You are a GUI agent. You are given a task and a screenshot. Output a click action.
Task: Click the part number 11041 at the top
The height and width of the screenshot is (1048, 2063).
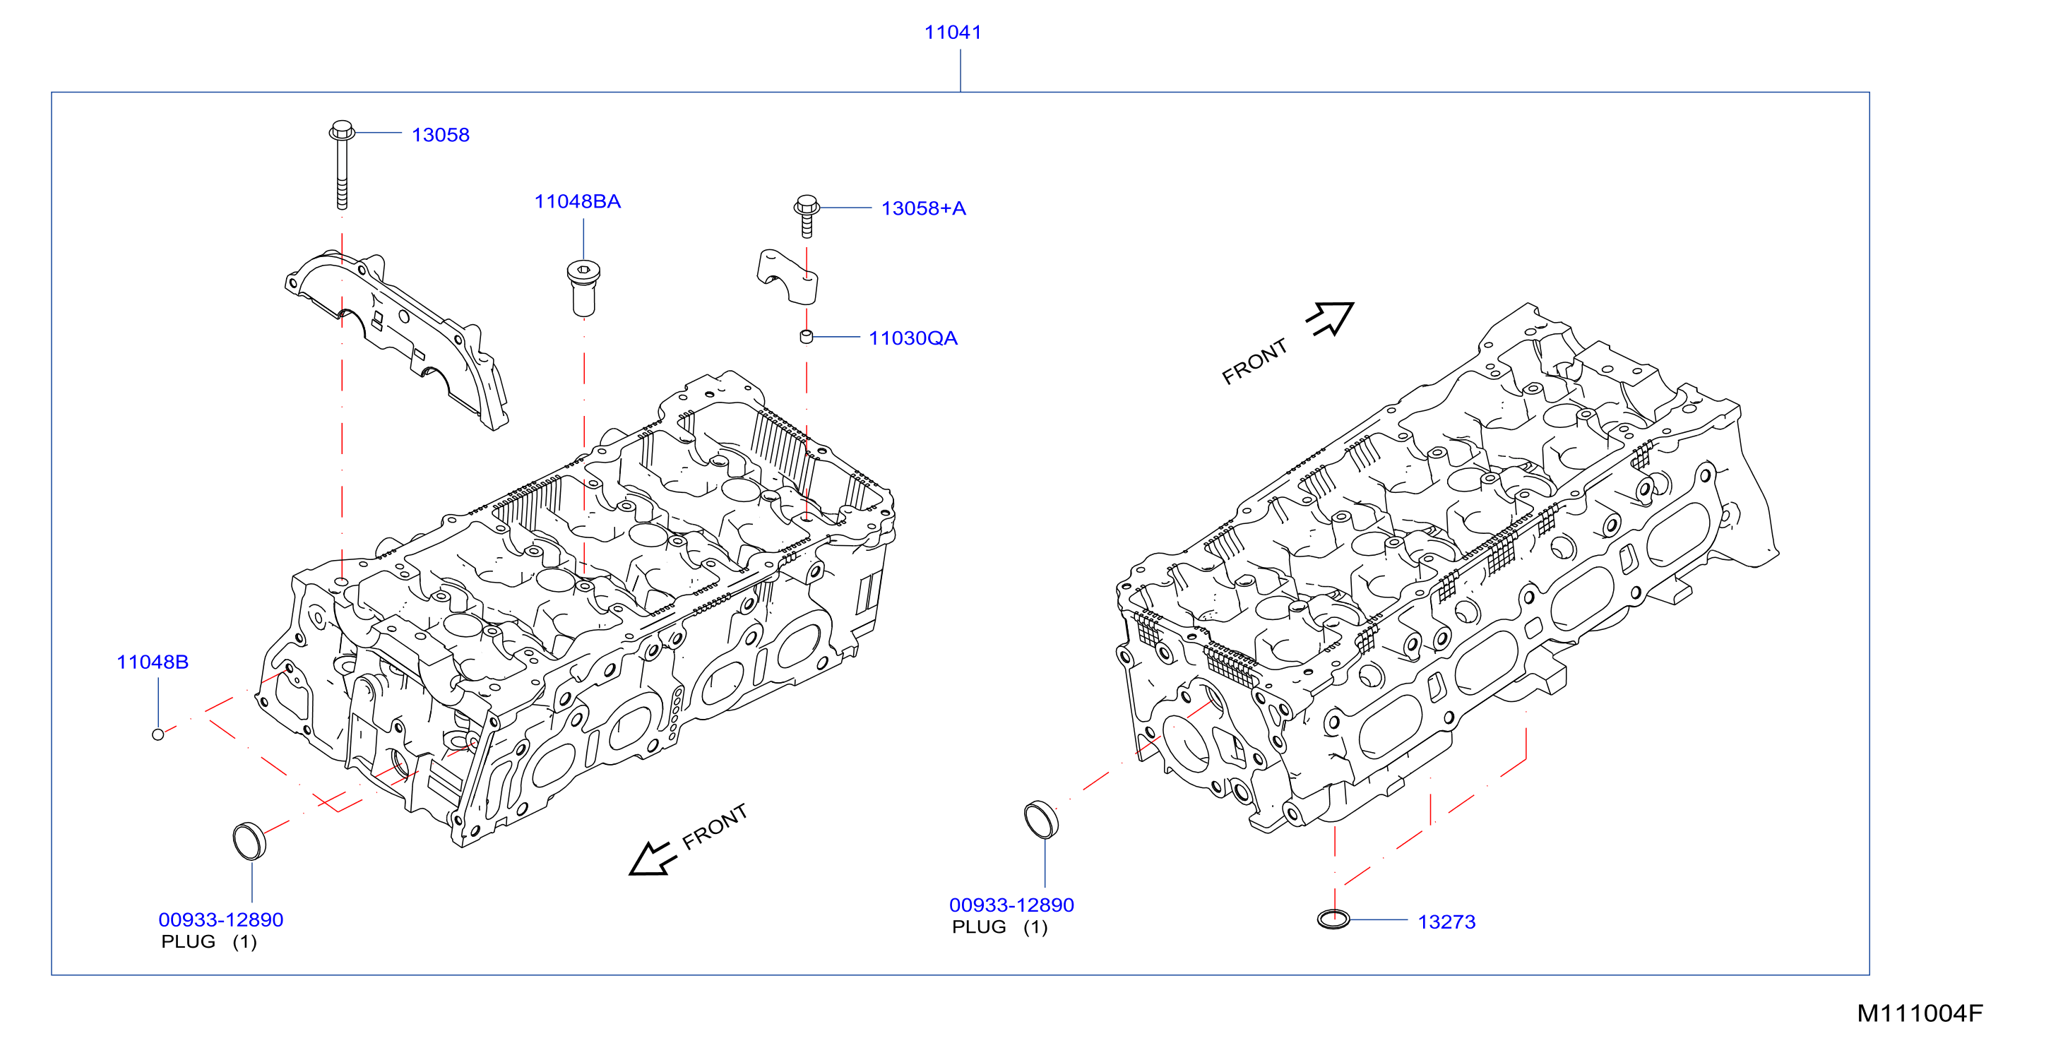952,32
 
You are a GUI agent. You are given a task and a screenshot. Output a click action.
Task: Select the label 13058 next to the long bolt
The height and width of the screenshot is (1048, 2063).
441,134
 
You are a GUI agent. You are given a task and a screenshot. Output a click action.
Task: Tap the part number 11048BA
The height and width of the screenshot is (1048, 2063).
578,201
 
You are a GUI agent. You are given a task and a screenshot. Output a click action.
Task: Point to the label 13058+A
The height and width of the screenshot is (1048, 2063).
923,208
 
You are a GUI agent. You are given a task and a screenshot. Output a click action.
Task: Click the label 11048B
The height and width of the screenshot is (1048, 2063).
152,662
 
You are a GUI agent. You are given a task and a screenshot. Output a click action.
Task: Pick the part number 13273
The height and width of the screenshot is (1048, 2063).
1446,922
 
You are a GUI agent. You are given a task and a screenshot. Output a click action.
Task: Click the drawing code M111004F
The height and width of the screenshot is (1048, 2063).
1920,1013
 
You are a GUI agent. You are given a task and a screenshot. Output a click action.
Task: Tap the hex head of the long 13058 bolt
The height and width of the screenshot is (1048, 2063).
342,130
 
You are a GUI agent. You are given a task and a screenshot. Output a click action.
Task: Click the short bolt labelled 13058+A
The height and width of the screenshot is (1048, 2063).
807,215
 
